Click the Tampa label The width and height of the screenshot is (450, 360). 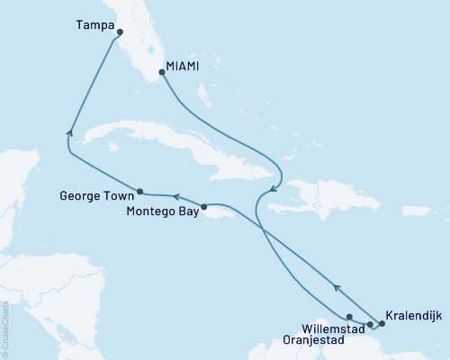click(94, 27)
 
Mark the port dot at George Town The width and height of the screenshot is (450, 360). click(139, 191)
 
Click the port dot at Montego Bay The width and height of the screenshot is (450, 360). click(206, 206)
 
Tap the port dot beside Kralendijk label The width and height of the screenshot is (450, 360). click(382, 323)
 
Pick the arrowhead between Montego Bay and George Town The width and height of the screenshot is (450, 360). click(175, 196)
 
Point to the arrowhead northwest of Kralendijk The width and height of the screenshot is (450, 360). click(337, 288)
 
